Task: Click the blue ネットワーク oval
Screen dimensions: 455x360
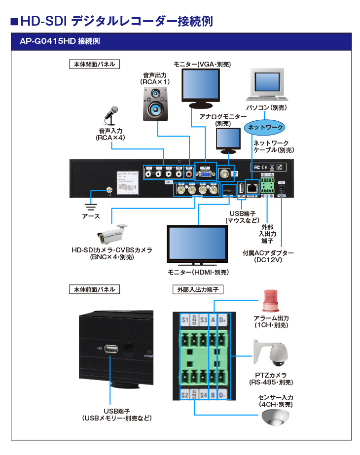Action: click(265, 127)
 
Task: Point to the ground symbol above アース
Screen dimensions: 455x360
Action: click(91, 206)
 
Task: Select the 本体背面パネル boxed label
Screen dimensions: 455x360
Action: click(94, 64)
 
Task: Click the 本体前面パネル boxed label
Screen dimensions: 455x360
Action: click(94, 289)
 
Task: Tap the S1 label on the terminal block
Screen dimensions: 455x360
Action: click(185, 320)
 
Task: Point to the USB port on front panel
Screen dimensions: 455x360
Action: click(111, 349)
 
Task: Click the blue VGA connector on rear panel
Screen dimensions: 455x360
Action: click(205, 174)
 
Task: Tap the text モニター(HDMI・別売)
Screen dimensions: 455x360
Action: click(198, 272)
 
